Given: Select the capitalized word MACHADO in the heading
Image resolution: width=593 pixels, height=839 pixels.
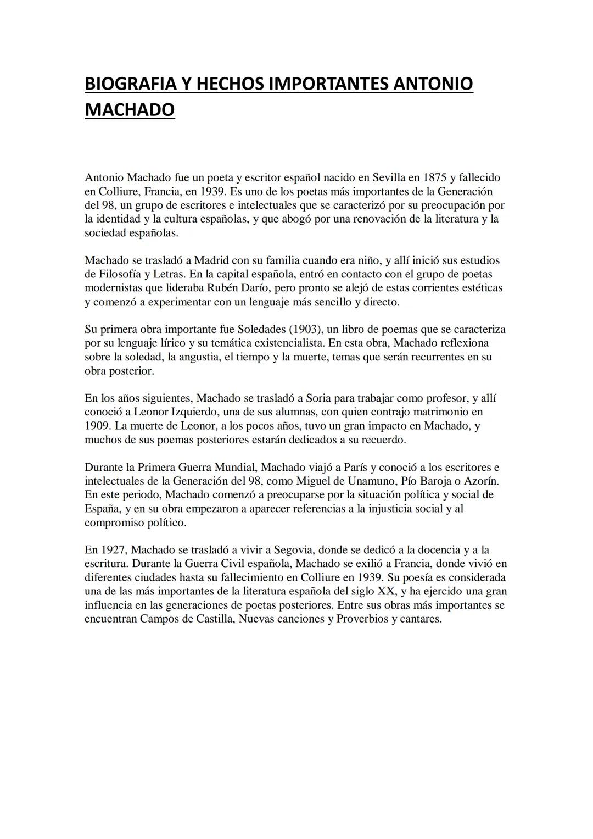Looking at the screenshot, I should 130,109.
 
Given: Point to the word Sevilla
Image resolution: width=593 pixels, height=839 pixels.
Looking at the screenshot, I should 389,177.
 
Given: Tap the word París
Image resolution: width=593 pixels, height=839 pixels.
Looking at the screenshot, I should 356,468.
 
